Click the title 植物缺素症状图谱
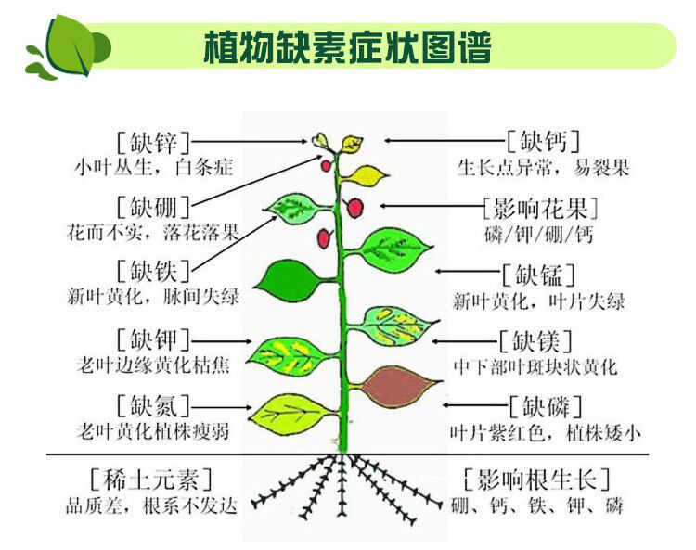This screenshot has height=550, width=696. click(x=347, y=47)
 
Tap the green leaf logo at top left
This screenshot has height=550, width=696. click(x=70, y=46)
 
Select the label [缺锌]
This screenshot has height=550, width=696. click(x=153, y=143)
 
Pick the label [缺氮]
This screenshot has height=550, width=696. click(x=153, y=405)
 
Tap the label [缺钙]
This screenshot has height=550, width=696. click(x=544, y=142)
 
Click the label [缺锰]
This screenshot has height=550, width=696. click(x=539, y=275)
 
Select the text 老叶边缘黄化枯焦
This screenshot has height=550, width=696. click(x=152, y=365)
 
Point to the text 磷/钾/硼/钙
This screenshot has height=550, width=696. click(x=538, y=234)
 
